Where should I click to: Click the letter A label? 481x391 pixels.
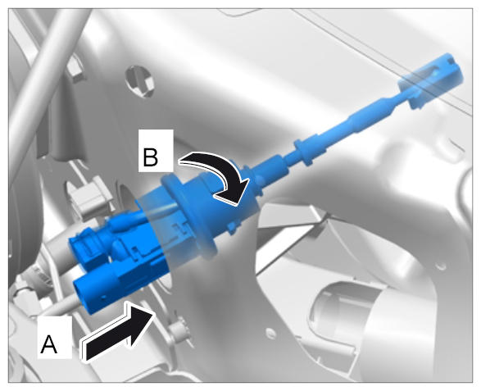point(49,343)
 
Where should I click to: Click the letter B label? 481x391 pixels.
point(151,157)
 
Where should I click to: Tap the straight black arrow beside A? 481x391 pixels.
point(118,330)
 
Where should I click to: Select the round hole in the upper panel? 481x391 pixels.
point(139,80)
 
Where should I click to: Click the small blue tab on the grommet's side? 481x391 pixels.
point(234,227)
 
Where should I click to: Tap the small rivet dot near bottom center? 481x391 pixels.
point(270,331)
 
